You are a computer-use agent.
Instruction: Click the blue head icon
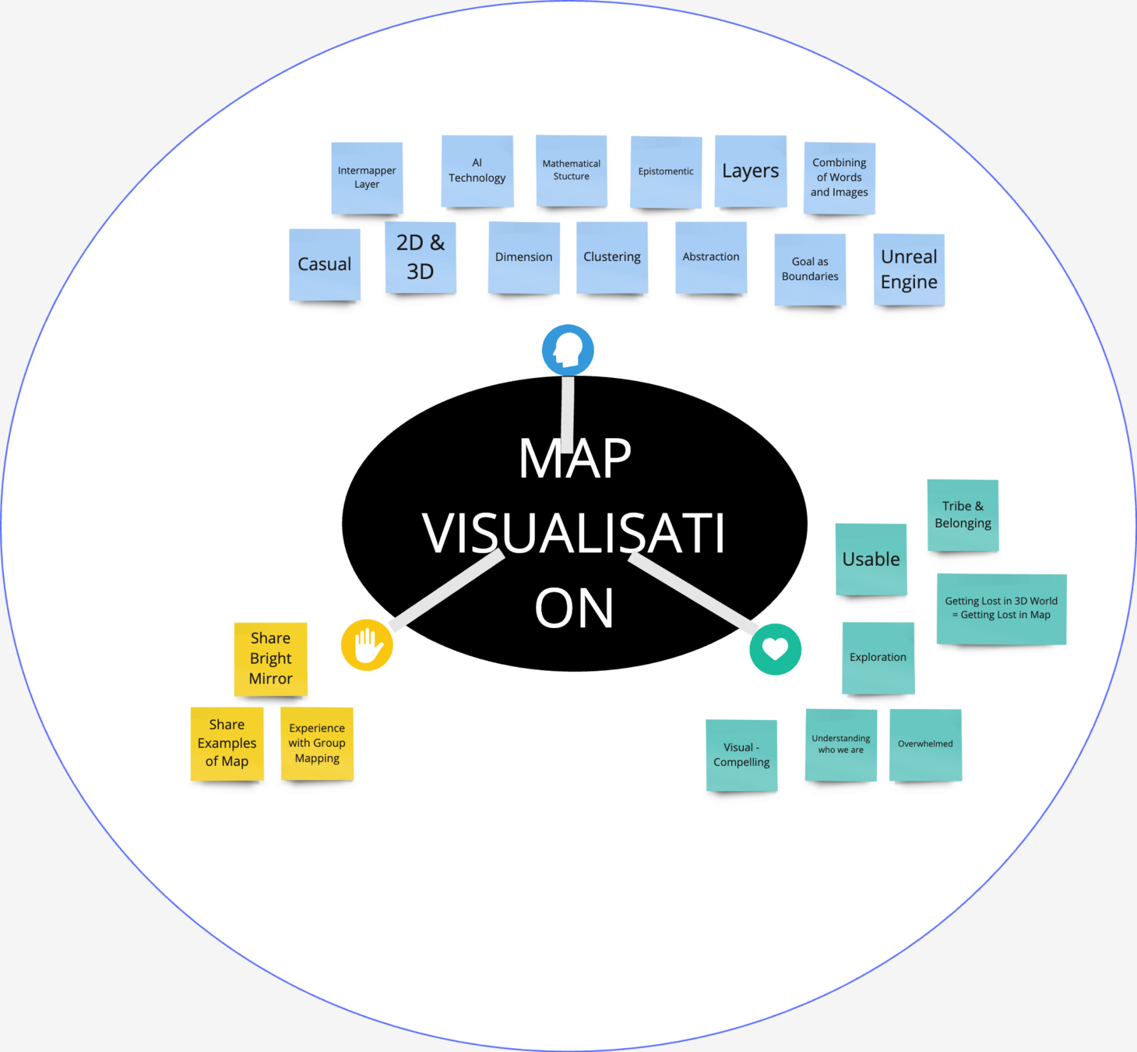click(568, 350)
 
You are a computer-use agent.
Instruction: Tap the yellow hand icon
click(367, 645)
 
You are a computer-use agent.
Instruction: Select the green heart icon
click(775, 649)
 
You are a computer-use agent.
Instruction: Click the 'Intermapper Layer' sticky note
click(367, 178)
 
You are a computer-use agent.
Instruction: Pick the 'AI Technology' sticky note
click(477, 171)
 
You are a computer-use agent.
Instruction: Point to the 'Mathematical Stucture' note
click(572, 171)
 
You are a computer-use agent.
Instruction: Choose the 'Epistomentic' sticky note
click(666, 172)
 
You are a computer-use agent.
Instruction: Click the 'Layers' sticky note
click(751, 171)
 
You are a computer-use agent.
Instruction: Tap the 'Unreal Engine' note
click(909, 270)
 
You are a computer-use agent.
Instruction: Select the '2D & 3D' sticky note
click(421, 257)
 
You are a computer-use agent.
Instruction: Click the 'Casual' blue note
click(325, 264)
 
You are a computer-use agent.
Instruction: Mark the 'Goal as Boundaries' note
click(810, 269)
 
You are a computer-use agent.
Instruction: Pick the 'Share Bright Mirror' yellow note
click(271, 658)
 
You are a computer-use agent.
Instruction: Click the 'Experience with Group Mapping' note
click(317, 743)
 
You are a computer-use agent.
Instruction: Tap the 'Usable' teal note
click(871, 560)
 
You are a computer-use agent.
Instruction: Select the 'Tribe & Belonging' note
click(963, 515)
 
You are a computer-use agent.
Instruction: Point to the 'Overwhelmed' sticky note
click(925, 744)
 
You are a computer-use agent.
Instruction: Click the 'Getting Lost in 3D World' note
click(1001, 609)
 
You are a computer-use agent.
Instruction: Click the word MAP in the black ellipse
click(575, 459)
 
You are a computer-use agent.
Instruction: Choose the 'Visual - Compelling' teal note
click(741, 755)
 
